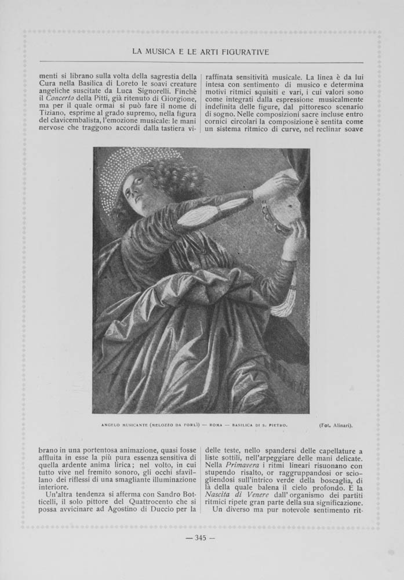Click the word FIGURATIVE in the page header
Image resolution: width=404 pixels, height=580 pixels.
click(243, 52)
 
